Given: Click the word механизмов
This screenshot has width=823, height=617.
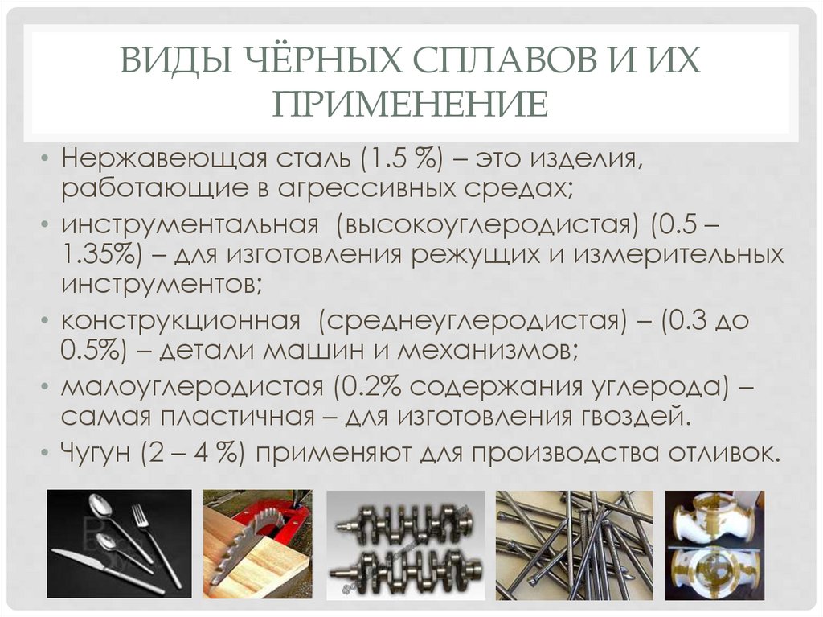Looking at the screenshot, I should point(495,352).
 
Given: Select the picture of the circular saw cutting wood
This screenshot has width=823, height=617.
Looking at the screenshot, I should point(256,544).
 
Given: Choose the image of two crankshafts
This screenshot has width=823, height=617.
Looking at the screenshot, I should point(406,544).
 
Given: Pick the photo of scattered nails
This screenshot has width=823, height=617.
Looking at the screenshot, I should point(574,544).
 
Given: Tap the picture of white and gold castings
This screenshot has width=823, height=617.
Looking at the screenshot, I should point(714,544).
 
